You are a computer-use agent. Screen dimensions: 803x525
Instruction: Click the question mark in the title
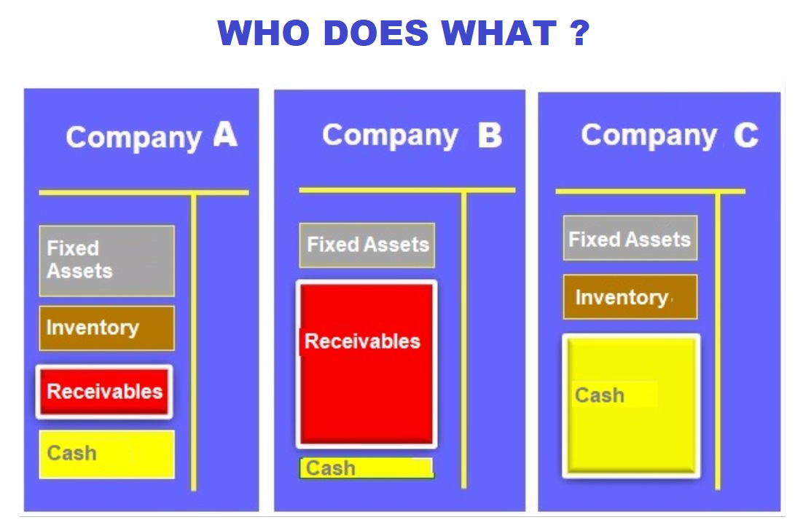click(580, 33)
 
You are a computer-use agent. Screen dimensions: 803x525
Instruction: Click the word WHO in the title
click(263, 33)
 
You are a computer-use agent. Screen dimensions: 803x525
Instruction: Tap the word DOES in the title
click(376, 33)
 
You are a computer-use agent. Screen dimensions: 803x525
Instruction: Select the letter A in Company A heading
click(225, 135)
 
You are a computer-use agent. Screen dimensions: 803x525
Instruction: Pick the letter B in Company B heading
click(490, 135)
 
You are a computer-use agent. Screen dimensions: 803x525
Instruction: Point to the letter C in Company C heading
click(745, 135)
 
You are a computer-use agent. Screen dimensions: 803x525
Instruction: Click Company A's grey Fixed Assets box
click(107, 261)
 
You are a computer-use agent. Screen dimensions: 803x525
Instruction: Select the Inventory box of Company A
click(107, 328)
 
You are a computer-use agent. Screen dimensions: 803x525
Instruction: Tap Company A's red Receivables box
click(104, 392)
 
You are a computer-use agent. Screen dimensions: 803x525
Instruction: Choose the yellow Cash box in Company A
click(107, 454)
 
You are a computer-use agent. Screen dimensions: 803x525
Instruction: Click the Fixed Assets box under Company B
click(367, 245)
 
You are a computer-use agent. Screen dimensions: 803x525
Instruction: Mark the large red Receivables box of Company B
click(367, 364)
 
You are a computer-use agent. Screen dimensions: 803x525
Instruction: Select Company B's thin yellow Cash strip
click(367, 468)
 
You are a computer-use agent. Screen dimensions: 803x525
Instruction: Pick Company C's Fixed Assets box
click(630, 238)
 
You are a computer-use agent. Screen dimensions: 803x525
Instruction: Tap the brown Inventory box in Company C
click(630, 297)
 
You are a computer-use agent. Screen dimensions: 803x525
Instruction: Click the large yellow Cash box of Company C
click(632, 406)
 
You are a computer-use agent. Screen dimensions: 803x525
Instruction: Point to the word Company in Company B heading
click(391, 136)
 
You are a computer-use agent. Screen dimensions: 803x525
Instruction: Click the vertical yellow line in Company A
click(194, 342)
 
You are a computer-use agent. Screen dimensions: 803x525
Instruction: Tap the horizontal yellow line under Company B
click(407, 190)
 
